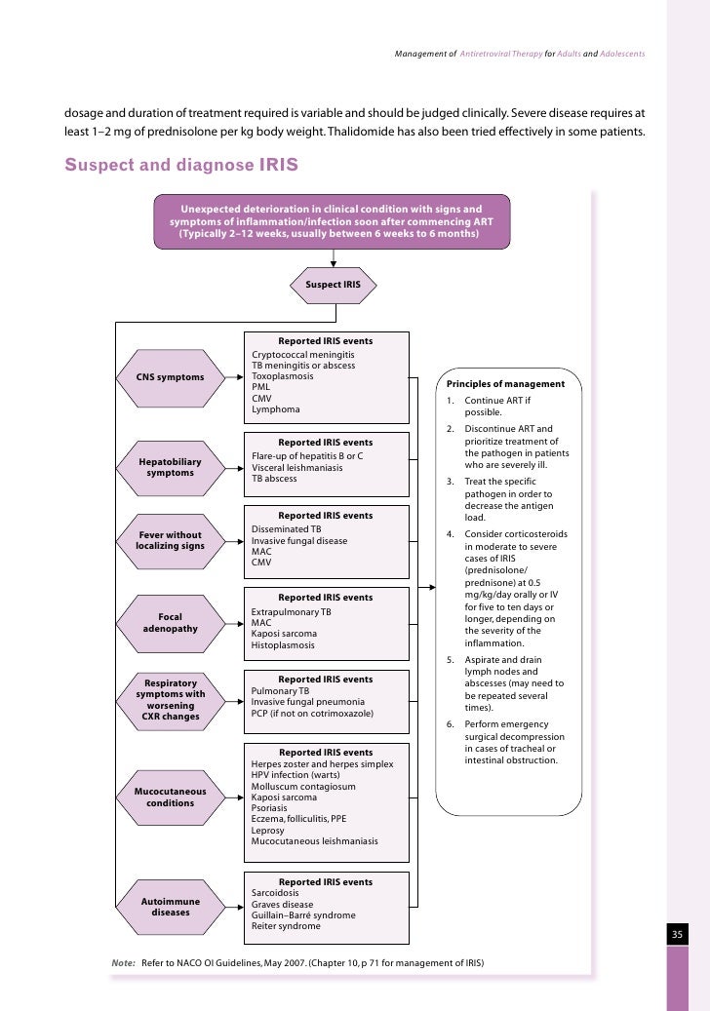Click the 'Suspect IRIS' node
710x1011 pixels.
[333, 285]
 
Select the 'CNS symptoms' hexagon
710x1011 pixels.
[171, 377]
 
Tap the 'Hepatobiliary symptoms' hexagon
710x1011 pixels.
[171, 467]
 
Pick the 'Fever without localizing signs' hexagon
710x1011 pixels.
[171, 540]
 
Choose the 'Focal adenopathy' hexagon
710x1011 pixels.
[171, 622]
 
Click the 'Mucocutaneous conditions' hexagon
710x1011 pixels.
[171, 797]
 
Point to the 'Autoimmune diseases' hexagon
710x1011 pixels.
[171, 908]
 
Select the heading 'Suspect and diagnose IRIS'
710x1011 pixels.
[181, 165]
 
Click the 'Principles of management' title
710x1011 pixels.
[505, 383]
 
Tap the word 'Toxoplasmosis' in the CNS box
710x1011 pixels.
[283, 376]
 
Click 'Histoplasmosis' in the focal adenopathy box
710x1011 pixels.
[284, 645]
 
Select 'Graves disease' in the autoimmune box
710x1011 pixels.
[283, 904]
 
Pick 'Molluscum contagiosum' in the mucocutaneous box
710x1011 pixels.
[303, 786]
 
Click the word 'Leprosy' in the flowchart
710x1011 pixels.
[268, 830]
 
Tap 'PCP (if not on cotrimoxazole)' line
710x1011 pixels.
[313, 713]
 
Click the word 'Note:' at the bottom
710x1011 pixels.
[124, 963]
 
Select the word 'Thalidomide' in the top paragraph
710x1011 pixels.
[455, 132]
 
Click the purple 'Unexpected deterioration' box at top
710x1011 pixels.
[332, 221]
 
